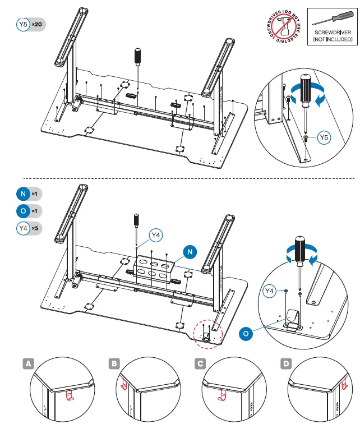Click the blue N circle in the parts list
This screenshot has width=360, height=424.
pyautogui.click(x=23, y=193)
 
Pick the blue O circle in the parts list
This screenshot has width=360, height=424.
pyautogui.click(x=23, y=211)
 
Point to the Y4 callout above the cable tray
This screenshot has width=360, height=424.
pyautogui.click(x=156, y=236)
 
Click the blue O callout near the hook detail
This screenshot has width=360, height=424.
pyautogui.click(x=246, y=333)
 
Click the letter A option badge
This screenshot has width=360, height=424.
pyautogui.click(x=27, y=363)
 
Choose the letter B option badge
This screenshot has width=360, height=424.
pyautogui.click(x=115, y=363)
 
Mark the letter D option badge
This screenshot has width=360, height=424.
pyautogui.click(x=287, y=363)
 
